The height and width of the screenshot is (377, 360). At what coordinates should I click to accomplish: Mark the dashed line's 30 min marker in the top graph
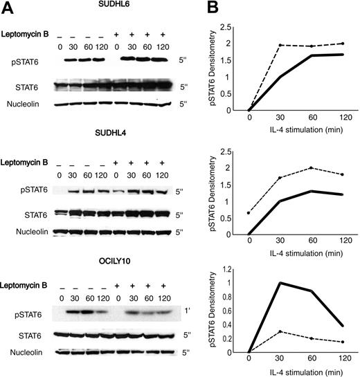(280, 45)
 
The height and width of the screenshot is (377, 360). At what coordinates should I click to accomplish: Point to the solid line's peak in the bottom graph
(280, 283)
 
